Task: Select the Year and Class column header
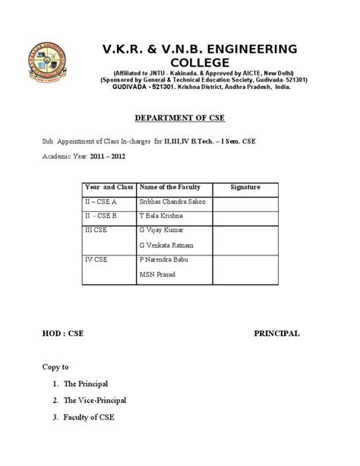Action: click(x=109, y=186)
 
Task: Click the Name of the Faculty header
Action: click(x=170, y=186)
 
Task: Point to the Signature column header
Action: click(x=245, y=186)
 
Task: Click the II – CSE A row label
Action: click(x=101, y=201)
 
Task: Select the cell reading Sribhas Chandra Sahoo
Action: click(x=173, y=201)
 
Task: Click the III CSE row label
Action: click(x=96, y=229)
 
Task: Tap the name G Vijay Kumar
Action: click(x=163, y=229)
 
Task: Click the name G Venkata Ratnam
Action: click(x=168, y=245)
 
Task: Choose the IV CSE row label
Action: click(x=96, y=259)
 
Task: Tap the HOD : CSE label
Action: click(x=63, y=333)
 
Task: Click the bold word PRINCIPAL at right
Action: click(x=276, y=333)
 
